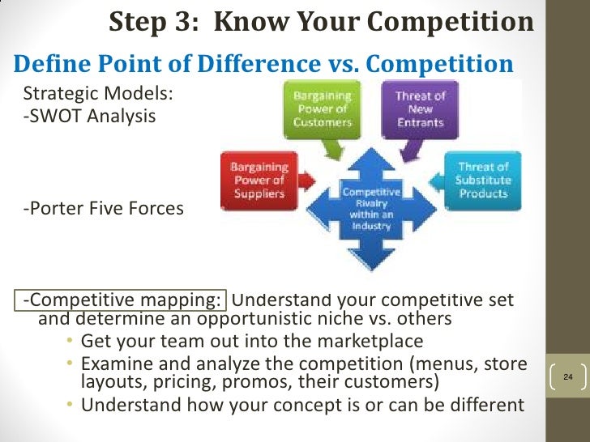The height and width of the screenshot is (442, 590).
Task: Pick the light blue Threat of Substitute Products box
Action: [x=483, y=180]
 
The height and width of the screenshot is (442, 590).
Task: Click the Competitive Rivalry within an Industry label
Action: [x=371, y=210]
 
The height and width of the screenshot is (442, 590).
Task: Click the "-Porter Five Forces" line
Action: [x=103, y=209]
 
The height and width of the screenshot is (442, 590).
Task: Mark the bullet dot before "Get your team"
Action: [x=71, y=342]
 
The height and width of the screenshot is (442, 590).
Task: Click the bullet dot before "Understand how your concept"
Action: [x=71, y=405]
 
